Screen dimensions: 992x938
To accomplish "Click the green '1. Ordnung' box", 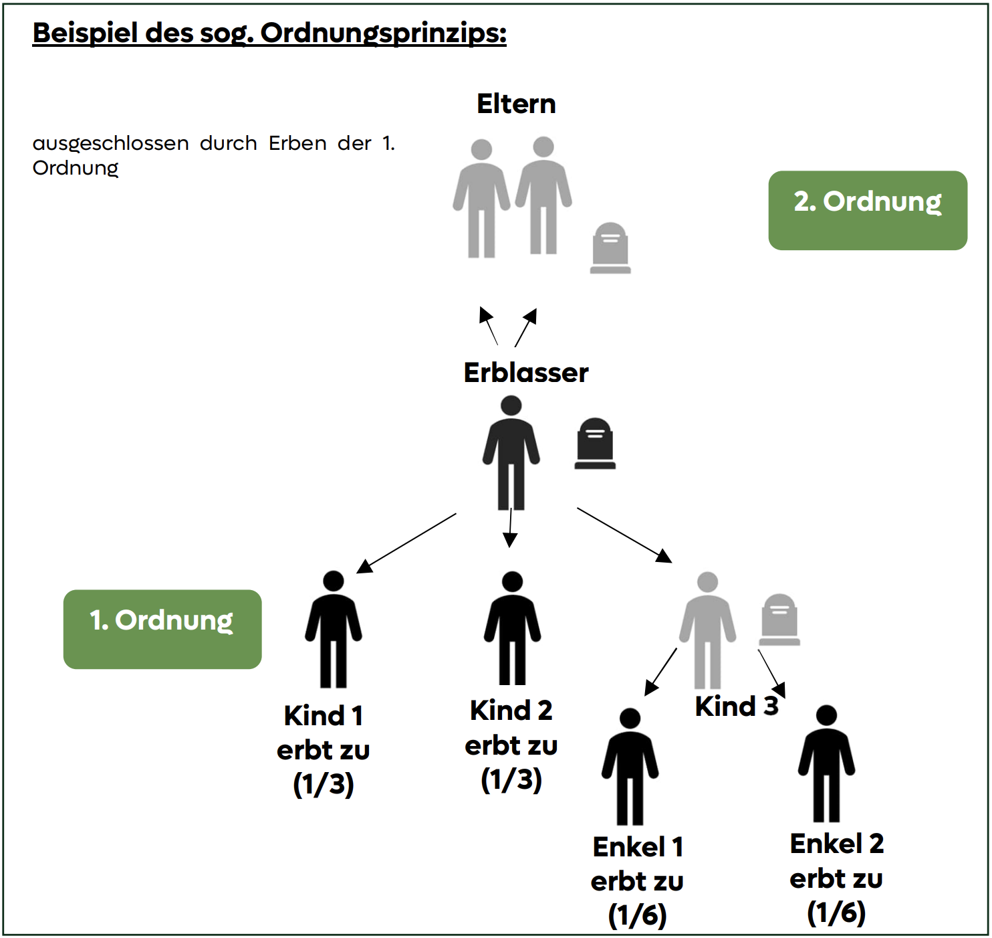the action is click(x=162, y=629).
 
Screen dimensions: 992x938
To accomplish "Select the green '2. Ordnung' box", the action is click(x=868, y=211).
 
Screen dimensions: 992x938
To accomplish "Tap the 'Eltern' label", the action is click(x=516, y=104).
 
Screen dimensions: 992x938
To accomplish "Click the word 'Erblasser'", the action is click(x=526, y=373).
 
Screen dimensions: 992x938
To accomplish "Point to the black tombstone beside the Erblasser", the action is click(x=595, y=444).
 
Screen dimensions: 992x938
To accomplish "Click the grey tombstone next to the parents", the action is click(x=610, y=248).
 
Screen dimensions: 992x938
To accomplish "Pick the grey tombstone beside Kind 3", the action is click(x=779, y=620).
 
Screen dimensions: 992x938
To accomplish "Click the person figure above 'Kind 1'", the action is click(x=334, y=629).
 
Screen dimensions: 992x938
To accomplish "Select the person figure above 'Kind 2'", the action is click(x=513, y=628).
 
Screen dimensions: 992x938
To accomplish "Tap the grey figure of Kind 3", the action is click(x=707, y=630).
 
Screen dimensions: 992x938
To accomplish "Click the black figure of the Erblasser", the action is click(x=511, y=452).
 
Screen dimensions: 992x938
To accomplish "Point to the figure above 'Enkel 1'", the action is click(x=630, y=767).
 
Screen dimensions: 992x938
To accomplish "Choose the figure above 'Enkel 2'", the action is click(x=827, y=763).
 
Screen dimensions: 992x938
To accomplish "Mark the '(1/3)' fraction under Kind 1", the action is click(x=324, y=784).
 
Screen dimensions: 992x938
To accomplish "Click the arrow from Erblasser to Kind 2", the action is click(x=510, y=528).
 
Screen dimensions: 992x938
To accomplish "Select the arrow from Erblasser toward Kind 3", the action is click(x=625, y=535).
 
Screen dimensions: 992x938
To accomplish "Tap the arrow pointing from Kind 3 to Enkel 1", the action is click(x=660, y=672).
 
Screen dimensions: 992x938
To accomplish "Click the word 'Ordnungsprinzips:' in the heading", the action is click(x=383, y=34).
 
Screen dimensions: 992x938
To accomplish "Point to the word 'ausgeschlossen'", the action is click(x=110, y=144).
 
